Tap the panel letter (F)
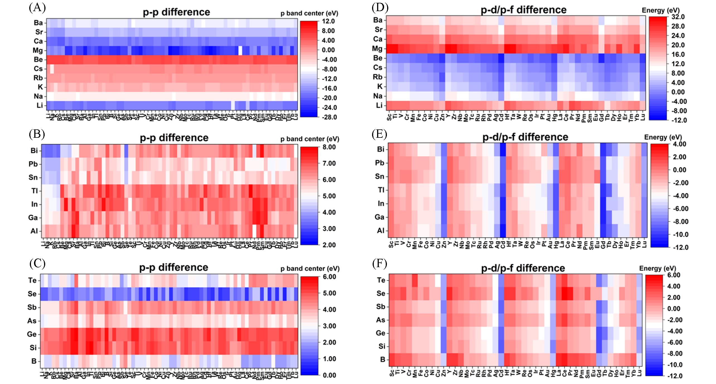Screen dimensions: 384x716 tap(380, 264)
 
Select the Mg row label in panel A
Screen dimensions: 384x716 tap(38, 50)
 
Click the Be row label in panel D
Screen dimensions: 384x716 tap(378, 58)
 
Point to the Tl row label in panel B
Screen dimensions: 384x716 tap(34, 191)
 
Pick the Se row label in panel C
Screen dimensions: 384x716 tap(32, 294)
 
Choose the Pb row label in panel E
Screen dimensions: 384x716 tap(379, 163)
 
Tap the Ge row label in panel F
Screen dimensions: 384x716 tap(380, 333)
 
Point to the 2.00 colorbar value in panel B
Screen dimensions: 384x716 tap(329, 245)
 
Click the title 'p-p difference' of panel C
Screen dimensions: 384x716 tap(174, 267)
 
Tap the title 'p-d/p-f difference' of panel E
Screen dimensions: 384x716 tap(525, 137)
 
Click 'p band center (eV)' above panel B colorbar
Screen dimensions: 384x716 tap(310, 139)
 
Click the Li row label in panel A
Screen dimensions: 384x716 tap(40, 105)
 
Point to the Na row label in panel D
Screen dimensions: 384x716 tap(378, 96)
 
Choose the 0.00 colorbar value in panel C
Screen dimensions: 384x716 tap(329, 375)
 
